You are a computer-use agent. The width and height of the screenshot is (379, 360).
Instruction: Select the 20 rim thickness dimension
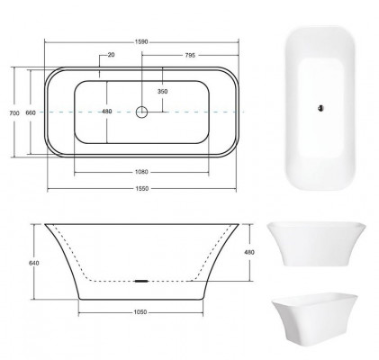[110, 56]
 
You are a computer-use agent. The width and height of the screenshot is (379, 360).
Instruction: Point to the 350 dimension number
[162, 92]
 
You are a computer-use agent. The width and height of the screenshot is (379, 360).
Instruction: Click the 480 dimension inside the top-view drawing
[107, 112]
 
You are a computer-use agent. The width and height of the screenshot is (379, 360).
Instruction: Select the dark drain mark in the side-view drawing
[140, 280]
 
